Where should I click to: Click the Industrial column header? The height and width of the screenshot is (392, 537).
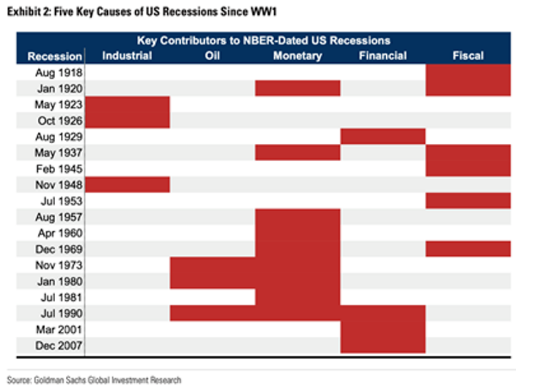coord(127,56)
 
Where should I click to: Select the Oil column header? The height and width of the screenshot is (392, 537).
coord(213,56)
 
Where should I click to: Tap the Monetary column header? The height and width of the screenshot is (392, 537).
coord(298,56)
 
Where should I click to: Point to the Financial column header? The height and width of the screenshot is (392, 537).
coord(383,56)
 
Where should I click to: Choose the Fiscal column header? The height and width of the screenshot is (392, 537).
coord(468,56)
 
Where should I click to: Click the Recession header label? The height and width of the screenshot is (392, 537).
coord(55,57)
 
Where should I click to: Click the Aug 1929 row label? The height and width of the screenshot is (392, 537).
coord(58,137)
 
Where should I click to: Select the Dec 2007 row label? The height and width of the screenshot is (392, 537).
coord(58,346)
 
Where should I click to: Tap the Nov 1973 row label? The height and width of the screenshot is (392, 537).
coord(58,265)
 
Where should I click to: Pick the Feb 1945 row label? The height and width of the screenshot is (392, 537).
coord(58,169)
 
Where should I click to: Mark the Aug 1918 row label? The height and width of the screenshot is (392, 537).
coord(58,72)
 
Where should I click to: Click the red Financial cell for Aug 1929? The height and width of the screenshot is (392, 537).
coord(383,137)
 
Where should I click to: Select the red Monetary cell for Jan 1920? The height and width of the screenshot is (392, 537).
coord(298,88)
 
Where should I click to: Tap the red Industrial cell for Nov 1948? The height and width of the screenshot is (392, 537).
coord(127,185)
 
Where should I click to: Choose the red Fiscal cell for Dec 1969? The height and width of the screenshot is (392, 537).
coord(468,249)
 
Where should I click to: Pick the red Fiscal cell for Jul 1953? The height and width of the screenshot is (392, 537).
coord(468,201)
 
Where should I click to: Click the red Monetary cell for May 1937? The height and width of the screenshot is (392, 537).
coord(298,152)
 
